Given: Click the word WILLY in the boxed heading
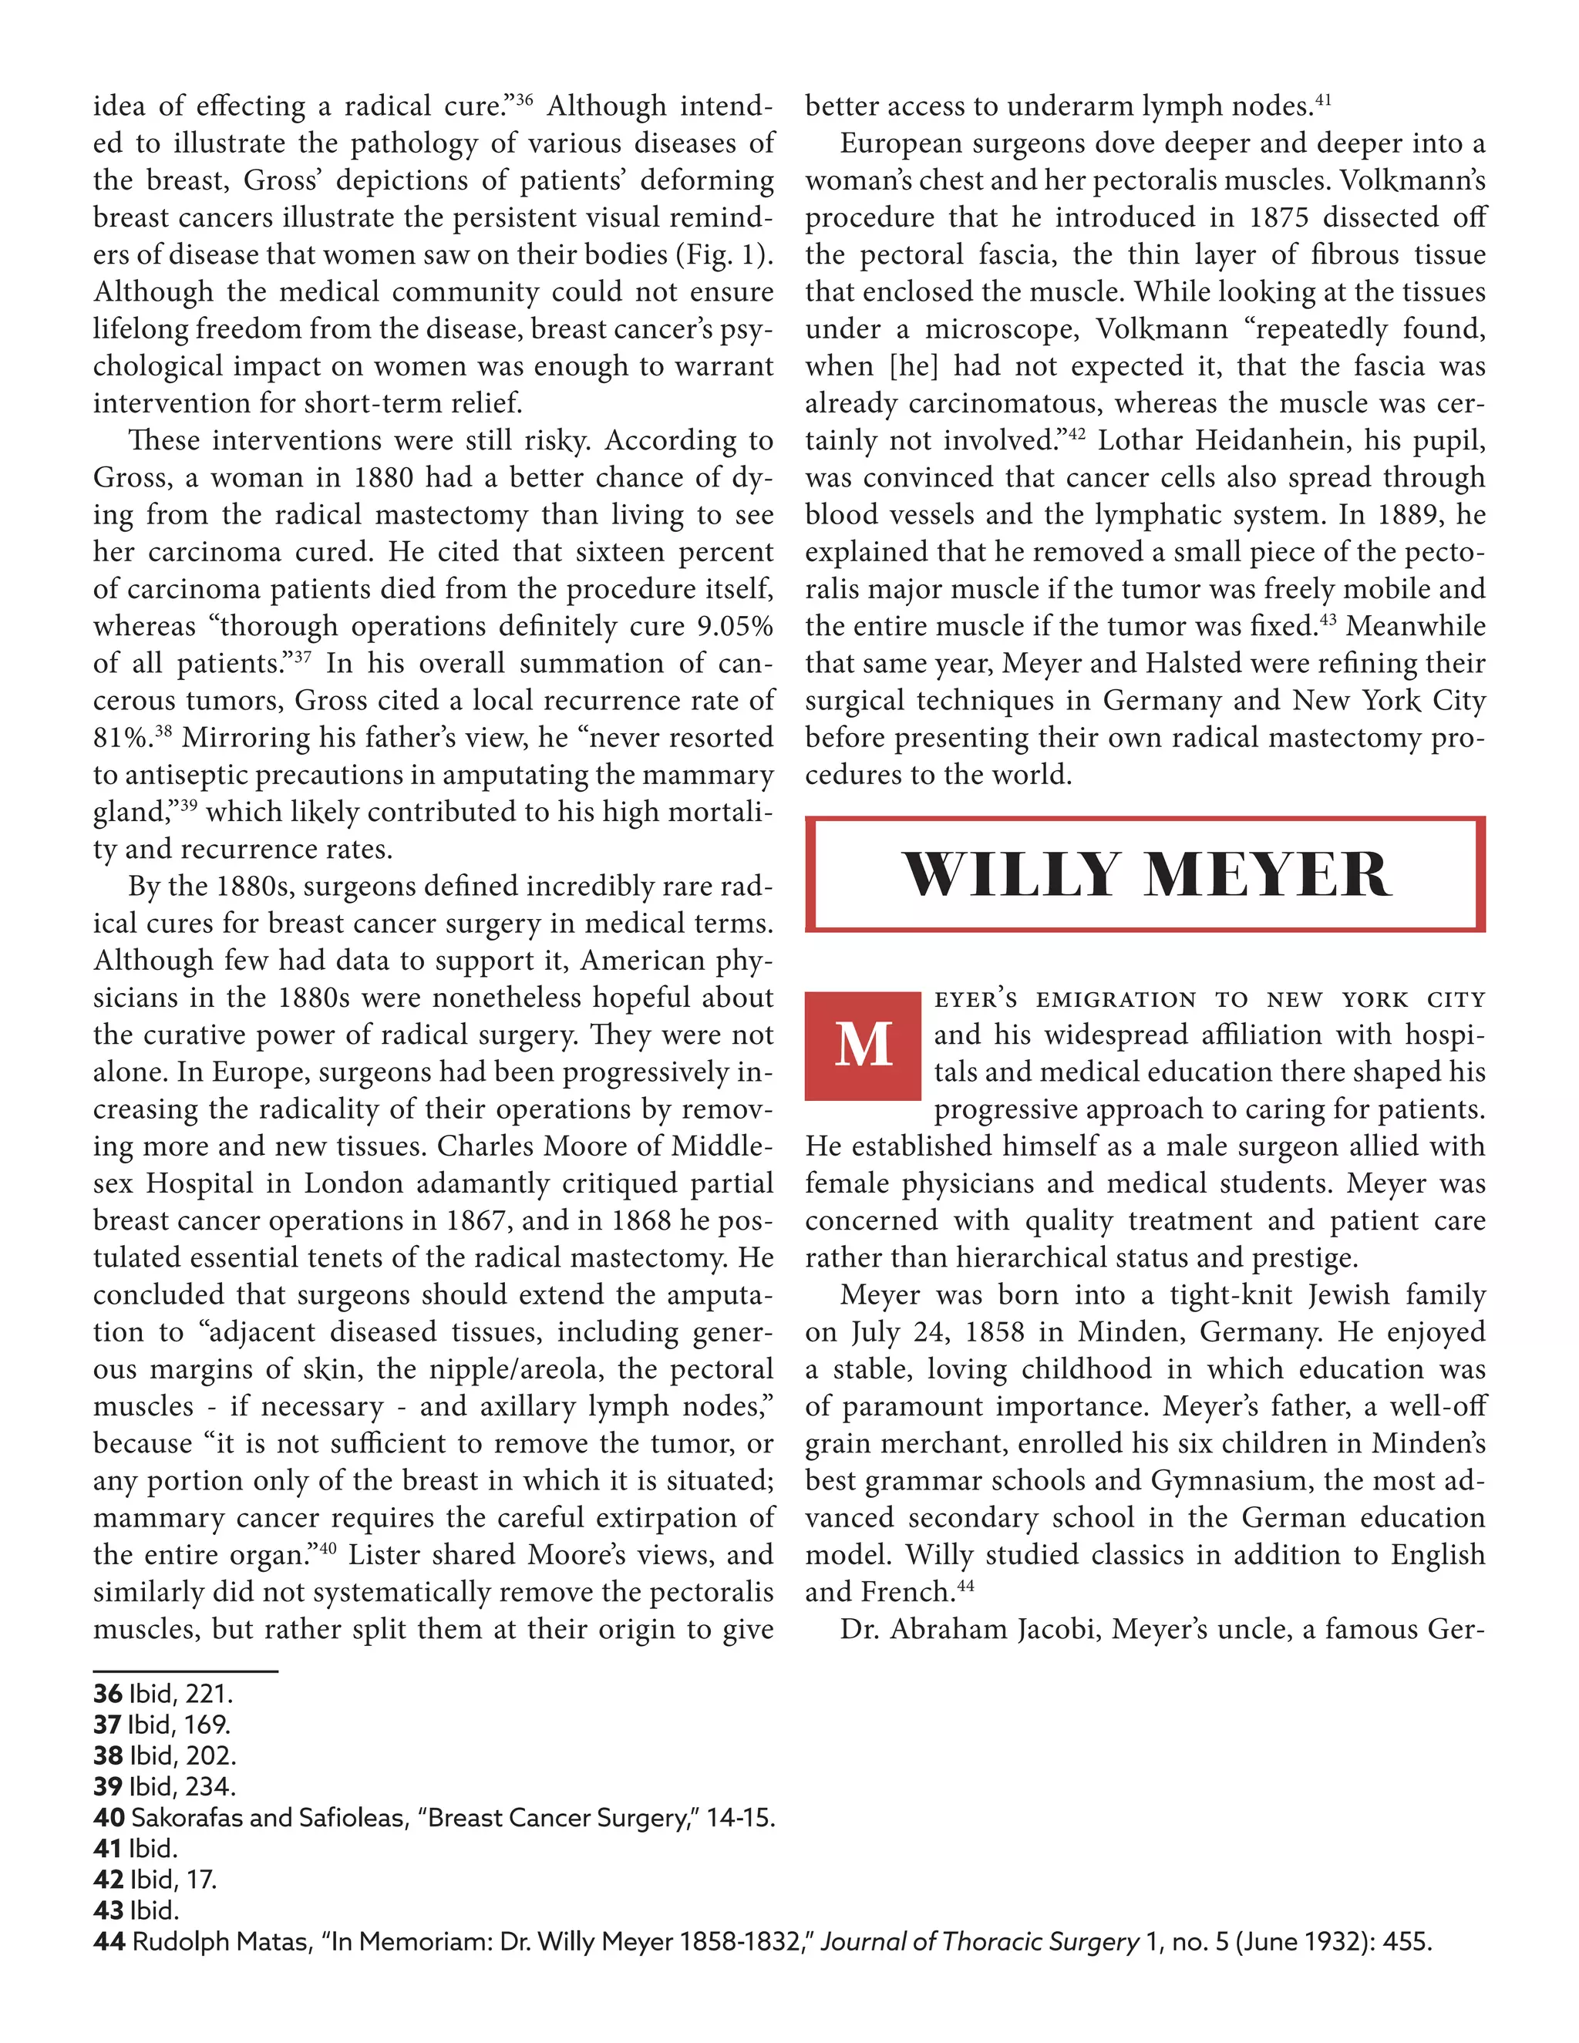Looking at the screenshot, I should click(1010, 876).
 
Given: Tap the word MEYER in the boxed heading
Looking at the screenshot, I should click(1268, 876).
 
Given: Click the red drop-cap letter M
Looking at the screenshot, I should click(863, 1045).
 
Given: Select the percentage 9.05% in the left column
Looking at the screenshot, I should click(734, 626).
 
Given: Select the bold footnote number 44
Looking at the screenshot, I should click(109, 1942).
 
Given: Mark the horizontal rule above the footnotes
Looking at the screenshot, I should click(185, 1671).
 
